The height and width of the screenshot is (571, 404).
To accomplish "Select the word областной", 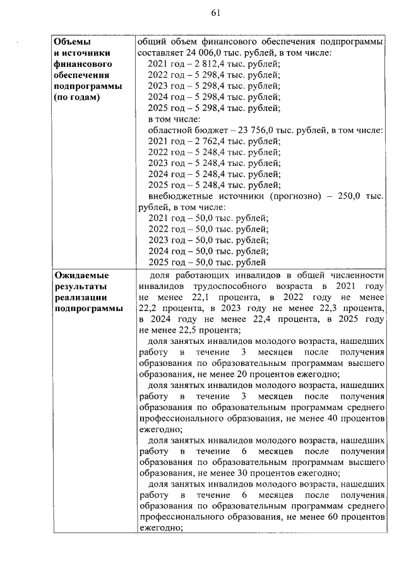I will (169, 131).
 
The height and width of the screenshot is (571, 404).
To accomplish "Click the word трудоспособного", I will (219, 286).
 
